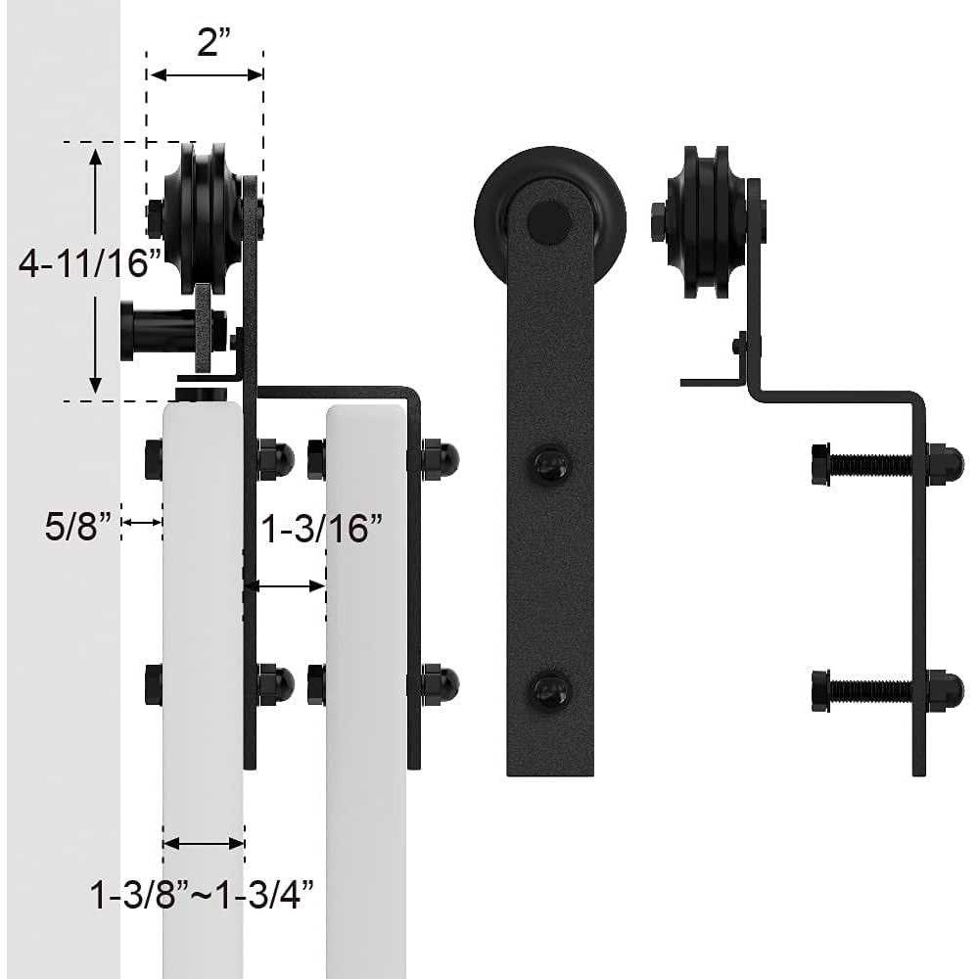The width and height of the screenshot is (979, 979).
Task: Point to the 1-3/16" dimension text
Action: (320, 530)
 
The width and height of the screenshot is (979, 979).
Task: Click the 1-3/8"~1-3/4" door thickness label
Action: (203, 893)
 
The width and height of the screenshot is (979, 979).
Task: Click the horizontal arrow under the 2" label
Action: (206, 74)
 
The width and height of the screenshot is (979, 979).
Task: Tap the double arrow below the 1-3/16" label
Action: (284, 586)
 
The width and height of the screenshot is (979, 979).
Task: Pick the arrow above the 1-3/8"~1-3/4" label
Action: (204, 843)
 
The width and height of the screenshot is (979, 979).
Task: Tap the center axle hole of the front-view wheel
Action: (549, 222)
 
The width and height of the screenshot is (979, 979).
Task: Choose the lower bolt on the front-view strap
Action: (550, 691)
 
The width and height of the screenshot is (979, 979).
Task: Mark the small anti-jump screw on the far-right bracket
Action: (740, 345)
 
